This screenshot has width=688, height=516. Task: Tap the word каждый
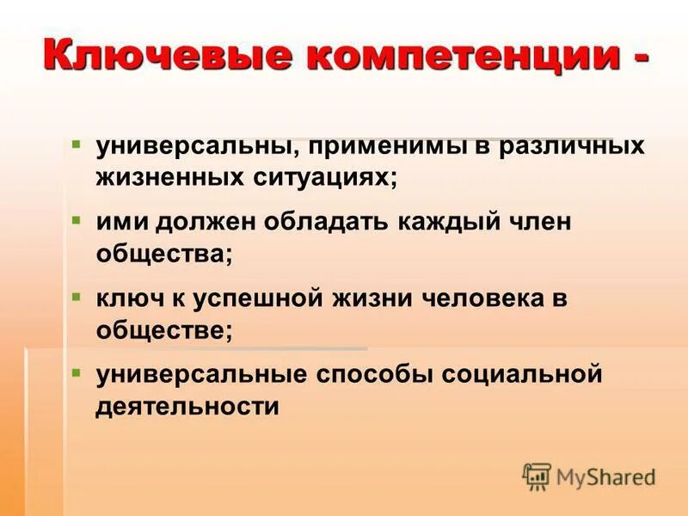[459, 224]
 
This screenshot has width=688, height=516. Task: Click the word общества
[164, 255]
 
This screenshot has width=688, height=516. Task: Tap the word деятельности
[187, 407]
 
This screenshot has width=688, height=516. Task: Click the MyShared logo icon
[537, 476]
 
